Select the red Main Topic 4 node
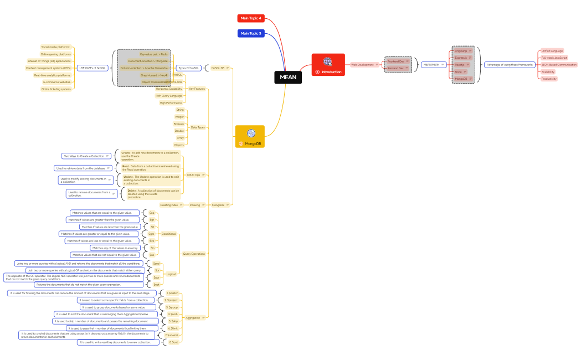click(251, 18)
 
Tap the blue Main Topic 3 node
click(251, 33)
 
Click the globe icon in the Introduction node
click(328, 61)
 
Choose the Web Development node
click(362, 65)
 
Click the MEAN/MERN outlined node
click(431, 65)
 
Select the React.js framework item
click(461, 65)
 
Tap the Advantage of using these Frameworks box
click(509, 65)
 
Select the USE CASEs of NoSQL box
click(92, 68)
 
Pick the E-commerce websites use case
click(56, 82)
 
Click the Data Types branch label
click(198, 127)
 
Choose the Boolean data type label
click(179, 124)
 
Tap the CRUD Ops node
click(194, 175)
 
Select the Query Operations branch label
click(194, 254)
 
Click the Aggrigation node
click(193, 318)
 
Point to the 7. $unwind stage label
click(172, 335)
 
